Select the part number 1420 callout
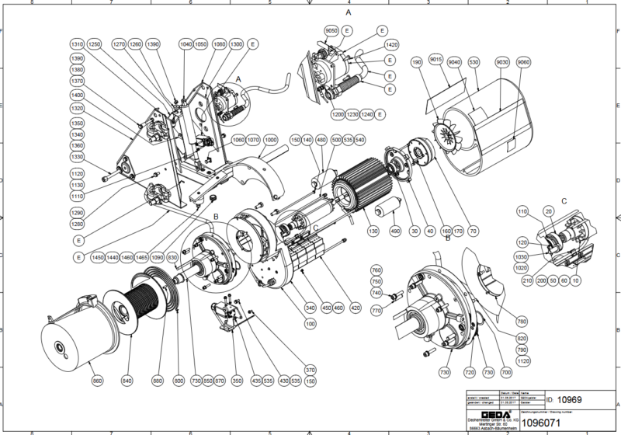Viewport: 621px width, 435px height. point(391,44)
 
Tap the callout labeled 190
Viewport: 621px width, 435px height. point(417,61)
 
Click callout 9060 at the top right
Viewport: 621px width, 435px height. point(524,61)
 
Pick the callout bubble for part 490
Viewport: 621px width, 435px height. point(394,231)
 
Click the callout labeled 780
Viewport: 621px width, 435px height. point(522,321)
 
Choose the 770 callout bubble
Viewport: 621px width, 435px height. point(376,311)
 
